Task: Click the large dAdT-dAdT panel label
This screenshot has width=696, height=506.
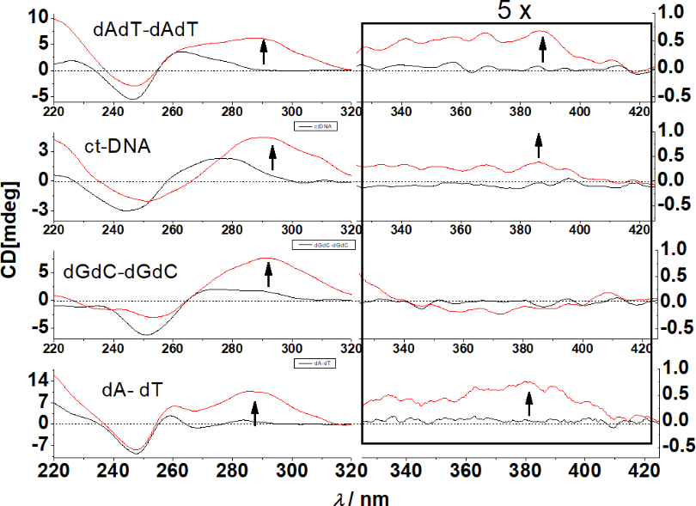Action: click(x=146, y=28)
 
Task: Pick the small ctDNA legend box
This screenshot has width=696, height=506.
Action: click(x=315, y=126)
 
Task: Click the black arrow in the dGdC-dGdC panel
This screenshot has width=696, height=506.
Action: click(x=267, y=274)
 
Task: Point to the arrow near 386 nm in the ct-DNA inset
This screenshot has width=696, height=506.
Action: click(x=539, y=144)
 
